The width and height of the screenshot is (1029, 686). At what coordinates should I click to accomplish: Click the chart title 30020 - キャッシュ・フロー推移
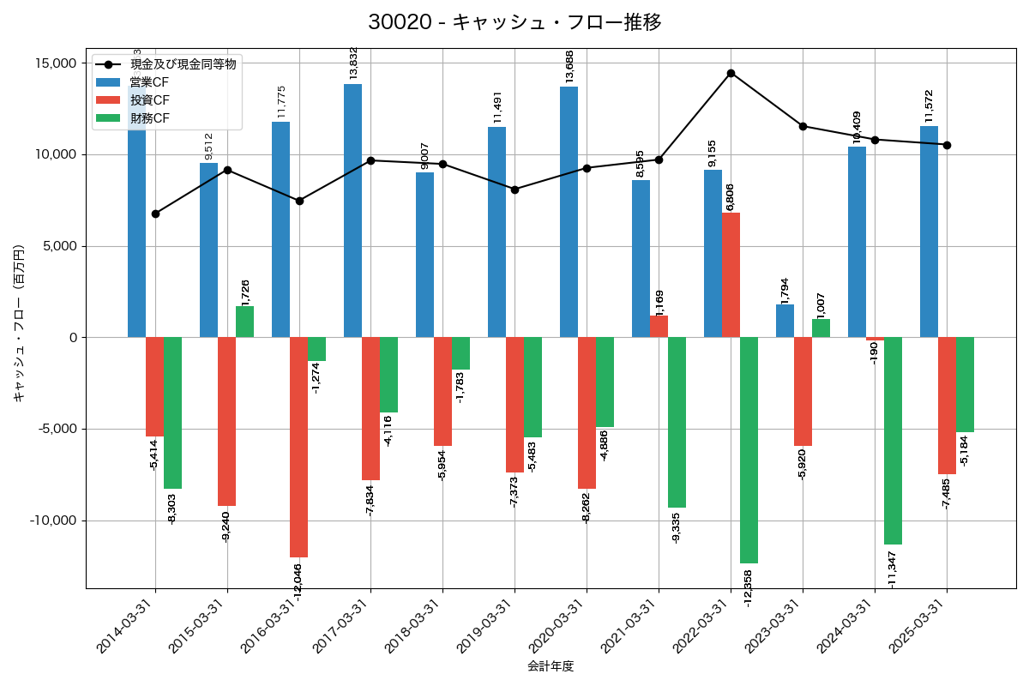pos(514,22)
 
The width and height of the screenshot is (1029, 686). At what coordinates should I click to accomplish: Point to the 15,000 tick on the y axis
pos(53,63)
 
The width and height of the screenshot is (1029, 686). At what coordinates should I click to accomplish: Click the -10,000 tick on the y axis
pos(51,521)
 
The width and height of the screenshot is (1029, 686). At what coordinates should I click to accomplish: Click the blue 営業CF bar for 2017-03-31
pos(352,210)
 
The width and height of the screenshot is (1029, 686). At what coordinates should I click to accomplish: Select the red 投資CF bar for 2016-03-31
pos(298,447)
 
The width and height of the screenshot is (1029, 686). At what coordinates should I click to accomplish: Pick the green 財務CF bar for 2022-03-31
pos(749,450)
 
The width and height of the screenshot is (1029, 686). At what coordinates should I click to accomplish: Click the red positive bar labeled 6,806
pos(731,274)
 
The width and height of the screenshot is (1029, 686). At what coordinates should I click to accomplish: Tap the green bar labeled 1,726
pos(244,322)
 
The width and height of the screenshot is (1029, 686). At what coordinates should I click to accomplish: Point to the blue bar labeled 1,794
pos(785,321)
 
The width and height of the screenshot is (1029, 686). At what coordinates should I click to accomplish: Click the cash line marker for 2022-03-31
pos(731,73)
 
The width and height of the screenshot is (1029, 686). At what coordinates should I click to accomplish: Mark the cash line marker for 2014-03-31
pos(155,214)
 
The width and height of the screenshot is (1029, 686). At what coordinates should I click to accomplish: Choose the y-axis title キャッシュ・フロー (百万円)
pos(19,323)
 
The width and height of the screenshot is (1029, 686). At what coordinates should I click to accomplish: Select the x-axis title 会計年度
pos(551,666)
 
